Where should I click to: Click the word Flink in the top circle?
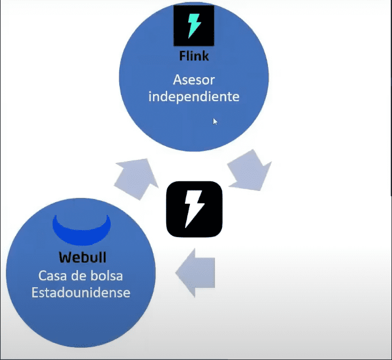tap(194, 56)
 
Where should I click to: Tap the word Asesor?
tap(194, 80)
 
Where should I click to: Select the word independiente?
tap(194, 98)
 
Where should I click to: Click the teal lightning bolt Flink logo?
tap(194, 25)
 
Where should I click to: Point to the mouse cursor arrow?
tap(215, 121)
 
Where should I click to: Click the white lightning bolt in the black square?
tap(193, 209)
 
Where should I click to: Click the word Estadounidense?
tap(80, 293)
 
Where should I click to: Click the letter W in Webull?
tap(64, 257)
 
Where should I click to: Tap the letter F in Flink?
tap(182, 56)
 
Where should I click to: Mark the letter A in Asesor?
tap(178, 80)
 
